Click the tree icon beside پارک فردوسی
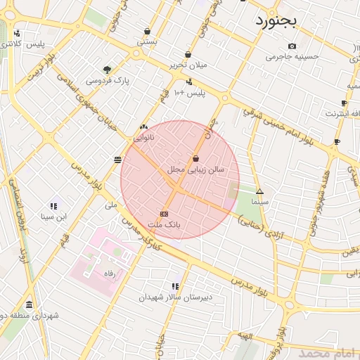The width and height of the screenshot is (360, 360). pos(107,69)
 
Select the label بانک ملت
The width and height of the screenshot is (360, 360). pos(164,224)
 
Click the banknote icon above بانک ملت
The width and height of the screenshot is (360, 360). pos(164,213)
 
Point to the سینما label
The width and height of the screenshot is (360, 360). pos(259,201)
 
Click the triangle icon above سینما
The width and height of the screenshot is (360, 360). pos(259,191)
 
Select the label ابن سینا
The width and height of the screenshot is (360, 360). pos(53,217)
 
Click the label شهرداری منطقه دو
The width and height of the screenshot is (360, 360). pos(30,316)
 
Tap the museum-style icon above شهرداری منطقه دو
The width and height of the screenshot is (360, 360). pos(29,304)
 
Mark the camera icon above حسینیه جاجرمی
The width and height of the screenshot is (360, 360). pos(292,46)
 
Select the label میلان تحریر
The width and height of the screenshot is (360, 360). pos(188,65)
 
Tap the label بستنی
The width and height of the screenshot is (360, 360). pos(146,42)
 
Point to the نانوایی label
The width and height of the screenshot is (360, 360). pos(143,138)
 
